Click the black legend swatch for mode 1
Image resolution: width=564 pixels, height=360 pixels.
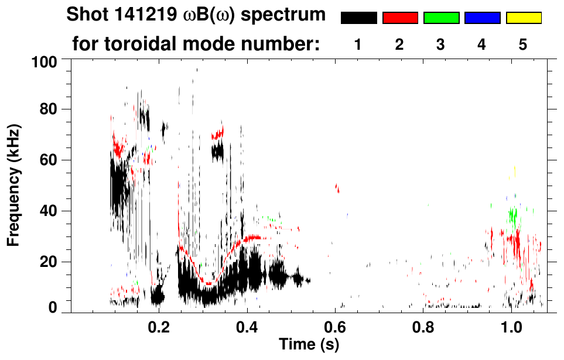point(359,18)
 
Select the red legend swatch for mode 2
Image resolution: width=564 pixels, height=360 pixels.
point(400,18)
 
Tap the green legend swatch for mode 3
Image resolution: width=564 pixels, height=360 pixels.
point(441,18)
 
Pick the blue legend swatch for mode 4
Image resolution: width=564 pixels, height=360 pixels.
point(482,18)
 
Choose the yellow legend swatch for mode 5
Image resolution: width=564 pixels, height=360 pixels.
point(524,18)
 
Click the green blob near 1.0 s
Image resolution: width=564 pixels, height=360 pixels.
point(514,215)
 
